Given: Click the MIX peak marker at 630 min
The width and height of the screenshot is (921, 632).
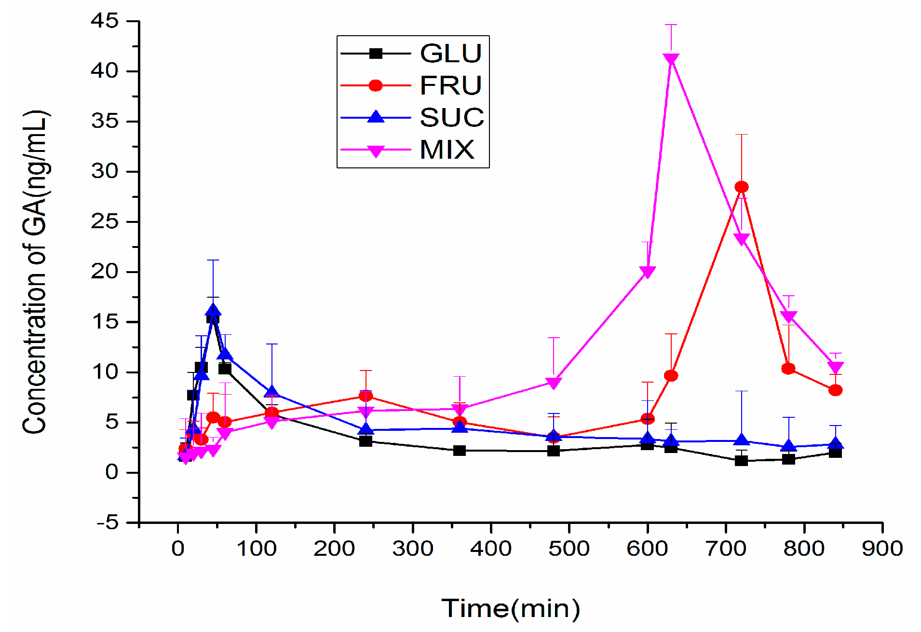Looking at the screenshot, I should (x=671, y=59).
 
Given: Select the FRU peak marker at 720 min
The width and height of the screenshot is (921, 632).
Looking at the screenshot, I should (x=741, y=187).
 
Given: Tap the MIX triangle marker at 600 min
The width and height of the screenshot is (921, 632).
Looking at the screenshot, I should (x=647, y=272).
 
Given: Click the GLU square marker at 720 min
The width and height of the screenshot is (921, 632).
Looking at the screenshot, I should (x=741, y=460).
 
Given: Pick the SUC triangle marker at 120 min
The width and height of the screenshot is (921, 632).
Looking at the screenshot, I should (x=272, y=392).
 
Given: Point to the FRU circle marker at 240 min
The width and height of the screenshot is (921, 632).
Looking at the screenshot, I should (x=366, y=396).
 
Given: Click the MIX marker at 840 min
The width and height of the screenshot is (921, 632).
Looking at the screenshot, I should (x=835, y=367).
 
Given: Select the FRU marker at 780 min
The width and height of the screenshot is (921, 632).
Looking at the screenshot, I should (x=788, y=369).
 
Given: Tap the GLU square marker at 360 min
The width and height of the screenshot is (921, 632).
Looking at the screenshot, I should (x=460, y=451).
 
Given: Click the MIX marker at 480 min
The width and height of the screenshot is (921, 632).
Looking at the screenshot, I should (x=554, y=383).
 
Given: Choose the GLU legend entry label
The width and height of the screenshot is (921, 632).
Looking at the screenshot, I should (x=451, y=53).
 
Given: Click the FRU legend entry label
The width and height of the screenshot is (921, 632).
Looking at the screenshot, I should (x=451, y=85).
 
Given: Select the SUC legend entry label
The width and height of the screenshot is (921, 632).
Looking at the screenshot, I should (x=452, y=117).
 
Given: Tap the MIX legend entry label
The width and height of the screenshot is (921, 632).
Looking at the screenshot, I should (x=447, y=150).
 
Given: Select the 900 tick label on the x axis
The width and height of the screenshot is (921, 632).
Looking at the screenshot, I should (x=882, y=549).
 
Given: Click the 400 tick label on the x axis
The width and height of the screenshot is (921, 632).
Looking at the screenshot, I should (x=490, y=549).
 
